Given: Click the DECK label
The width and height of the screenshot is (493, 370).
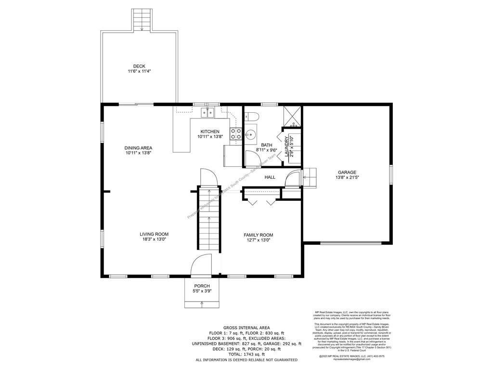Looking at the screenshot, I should pyautogui.click(x=139, y=66).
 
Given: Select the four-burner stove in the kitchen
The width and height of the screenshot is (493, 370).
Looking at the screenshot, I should pyautogui.click(x=236, y=133).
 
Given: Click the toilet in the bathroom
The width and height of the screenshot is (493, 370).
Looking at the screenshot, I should pyautogui.click(x=251, y=117).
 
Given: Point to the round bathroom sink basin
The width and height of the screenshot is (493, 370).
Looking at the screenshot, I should pyautogui.click(x=251, y=133).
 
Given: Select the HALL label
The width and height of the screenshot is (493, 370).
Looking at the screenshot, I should pyautogui.click(x=270, y=177).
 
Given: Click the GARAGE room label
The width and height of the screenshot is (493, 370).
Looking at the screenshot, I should pyautogui.click(x=347, y=172).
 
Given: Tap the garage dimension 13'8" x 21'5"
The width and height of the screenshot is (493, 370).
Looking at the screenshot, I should pyautogui.click(x=347, y=177).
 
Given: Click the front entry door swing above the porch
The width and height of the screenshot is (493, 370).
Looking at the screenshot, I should pyautogui.click(x=201, y=266).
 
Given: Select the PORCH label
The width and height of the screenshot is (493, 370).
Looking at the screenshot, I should pyautogui.click(x=202, y=286).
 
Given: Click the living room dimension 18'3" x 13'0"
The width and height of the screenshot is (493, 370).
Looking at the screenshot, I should pyautogui.click(x=154, y=239).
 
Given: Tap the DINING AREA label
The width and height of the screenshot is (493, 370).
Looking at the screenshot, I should pyautogui.click(x=139, y=148).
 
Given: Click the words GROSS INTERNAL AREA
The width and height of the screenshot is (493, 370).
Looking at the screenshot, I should pyautogui.click(x=246, y=328).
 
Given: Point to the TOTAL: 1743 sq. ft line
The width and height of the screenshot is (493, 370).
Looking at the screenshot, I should pyautogui.click(x=246, y=354).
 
